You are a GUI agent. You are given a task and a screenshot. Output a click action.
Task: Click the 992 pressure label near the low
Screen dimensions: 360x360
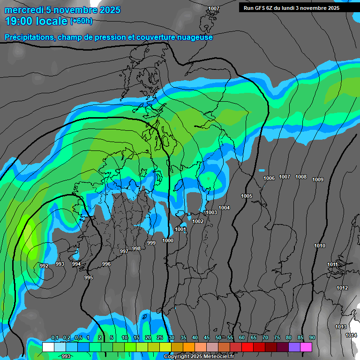(44, 266)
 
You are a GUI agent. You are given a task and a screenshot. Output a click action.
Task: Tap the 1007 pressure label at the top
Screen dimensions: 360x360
(214, 9)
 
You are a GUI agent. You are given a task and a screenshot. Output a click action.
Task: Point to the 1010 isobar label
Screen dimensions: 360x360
(320, 246)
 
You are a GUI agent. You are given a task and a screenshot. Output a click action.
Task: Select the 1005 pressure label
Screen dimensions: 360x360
(247, 196)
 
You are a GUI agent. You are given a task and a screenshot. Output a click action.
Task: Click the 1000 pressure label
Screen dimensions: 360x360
(168, 240)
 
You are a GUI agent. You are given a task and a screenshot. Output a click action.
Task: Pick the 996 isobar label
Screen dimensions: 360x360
(106, 264)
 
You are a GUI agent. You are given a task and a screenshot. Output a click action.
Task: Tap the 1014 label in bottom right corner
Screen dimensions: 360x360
(351, 335)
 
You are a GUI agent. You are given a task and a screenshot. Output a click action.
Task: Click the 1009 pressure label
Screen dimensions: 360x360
(318, 180)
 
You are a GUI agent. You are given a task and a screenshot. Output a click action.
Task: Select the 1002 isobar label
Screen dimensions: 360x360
(198, 221)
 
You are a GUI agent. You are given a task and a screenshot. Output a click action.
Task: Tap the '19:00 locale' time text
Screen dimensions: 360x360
(36, 21)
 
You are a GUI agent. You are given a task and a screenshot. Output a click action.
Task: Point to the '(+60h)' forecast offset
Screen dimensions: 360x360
(82, 21)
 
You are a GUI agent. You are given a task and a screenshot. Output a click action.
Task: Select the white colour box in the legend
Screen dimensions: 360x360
(48, 347)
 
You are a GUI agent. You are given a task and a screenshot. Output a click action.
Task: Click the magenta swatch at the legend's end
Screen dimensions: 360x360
(306, 347)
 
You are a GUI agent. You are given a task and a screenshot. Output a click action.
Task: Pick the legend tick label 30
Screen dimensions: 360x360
(171, 338)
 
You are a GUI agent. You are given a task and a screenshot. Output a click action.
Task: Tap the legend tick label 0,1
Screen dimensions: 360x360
(55, 338)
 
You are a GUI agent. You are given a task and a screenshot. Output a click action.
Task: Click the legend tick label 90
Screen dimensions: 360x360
(312, 338)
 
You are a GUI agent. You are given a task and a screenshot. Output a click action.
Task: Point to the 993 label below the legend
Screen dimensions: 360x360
(66, 357)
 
